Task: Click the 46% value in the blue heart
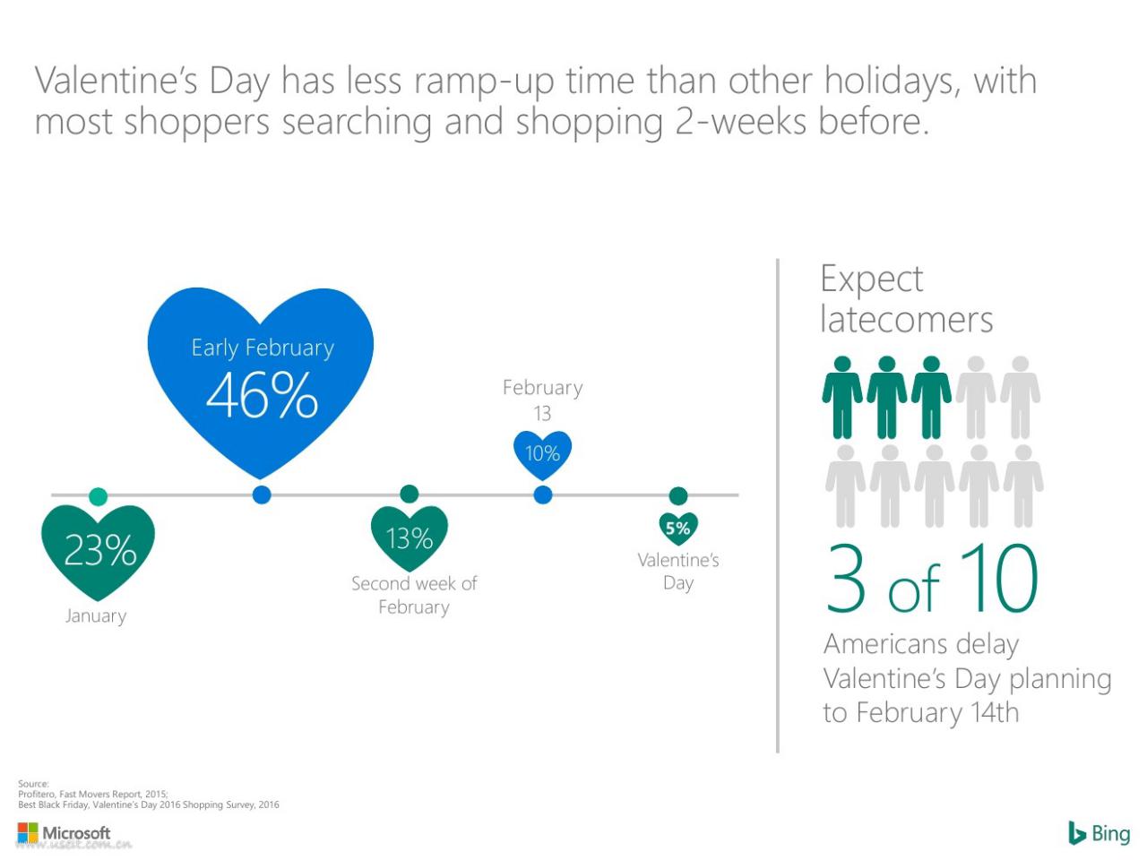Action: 262,395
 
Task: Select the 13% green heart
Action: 410,537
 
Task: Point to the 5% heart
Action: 678,529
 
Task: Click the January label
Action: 96,616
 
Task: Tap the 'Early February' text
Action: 263,348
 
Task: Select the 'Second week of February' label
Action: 414,595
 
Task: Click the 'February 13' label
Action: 542,400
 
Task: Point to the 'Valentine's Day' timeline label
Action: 678,572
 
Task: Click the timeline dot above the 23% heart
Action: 99,496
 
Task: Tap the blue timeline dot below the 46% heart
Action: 262,494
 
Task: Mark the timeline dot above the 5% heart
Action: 678,495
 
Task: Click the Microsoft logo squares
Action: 28,832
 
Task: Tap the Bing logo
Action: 1099,833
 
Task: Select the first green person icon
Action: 841,398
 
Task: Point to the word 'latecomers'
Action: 907,319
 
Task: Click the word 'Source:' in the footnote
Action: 33,784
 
